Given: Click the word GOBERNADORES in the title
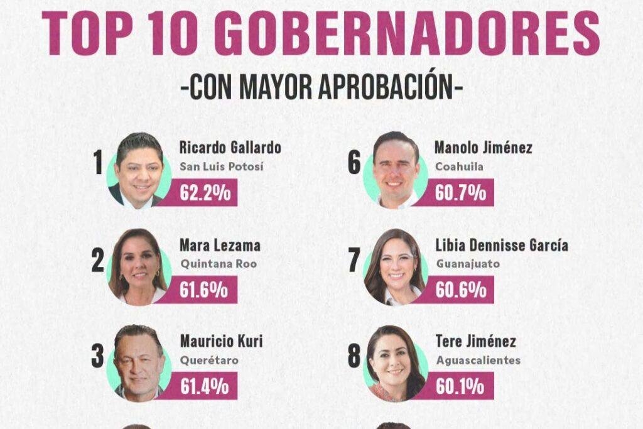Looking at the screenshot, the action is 407,33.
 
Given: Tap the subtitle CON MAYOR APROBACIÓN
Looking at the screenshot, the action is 322,87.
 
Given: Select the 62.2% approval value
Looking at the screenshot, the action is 205,192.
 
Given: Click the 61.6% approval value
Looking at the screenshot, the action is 204,290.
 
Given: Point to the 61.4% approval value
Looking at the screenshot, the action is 204,386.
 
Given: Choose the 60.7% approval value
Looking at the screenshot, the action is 460,192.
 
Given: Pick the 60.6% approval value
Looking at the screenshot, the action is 461,290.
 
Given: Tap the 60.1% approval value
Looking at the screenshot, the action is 460,386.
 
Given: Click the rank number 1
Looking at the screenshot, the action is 98,163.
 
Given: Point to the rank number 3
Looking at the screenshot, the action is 97,356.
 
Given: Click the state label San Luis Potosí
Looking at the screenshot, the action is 222,166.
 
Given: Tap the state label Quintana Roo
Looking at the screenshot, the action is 219,264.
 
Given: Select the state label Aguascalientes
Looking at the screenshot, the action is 478,361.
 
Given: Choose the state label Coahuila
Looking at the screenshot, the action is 459,166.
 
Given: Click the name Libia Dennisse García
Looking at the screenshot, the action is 502,245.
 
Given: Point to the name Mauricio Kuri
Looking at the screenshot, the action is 222,341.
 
